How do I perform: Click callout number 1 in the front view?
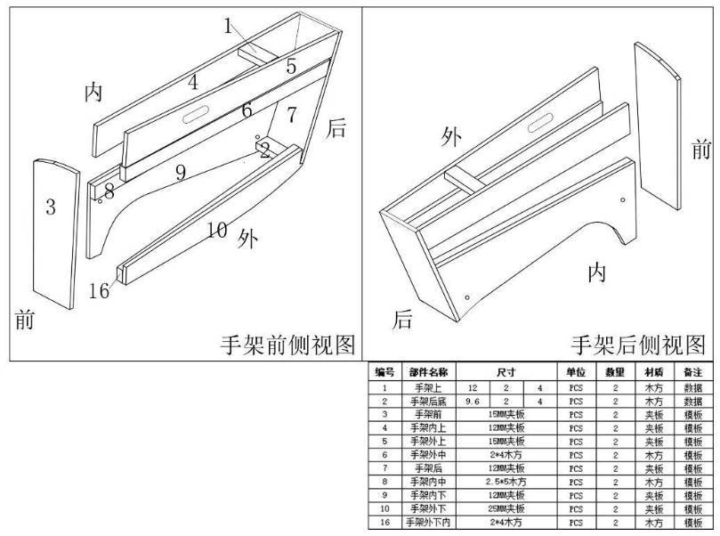(x=228, y=26)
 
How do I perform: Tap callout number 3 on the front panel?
(x=51, y=207)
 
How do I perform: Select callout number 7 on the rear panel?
(x=292, y=113)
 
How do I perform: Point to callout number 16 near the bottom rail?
(x=100, y=289)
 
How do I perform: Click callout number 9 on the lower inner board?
(x=180, y=173)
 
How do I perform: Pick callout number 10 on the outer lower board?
(x=217, y=230)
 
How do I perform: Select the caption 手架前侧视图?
(x=289, y=344)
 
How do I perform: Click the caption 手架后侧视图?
(x=637, y=344)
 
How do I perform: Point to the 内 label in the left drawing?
(x=93, y=92)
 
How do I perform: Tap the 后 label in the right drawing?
(x=403, y=319)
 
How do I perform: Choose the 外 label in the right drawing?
(x=452, y=136)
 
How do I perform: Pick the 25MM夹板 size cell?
(x=506, y=508)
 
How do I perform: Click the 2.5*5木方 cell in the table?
(x=506, y=482)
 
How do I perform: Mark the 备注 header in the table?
(x=693, y=372)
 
